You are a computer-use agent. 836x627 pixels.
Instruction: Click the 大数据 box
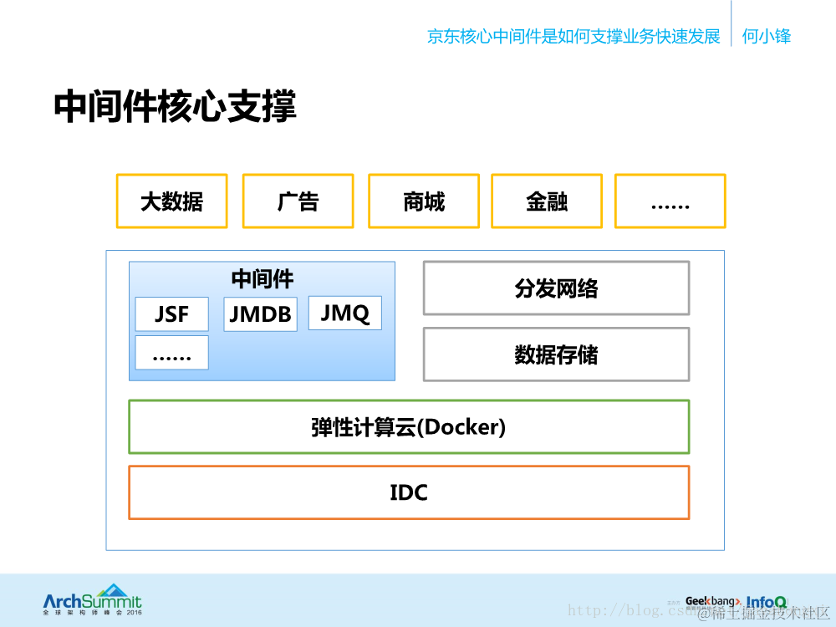pos(171,201)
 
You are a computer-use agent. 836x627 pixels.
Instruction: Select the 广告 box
pos(298,201)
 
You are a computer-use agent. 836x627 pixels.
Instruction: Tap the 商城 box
pos(424,201)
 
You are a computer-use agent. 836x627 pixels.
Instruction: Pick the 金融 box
pos(547,201)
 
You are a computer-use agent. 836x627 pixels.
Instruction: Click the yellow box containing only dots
pos(670,201)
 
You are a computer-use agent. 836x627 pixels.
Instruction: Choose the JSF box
pos(171,314)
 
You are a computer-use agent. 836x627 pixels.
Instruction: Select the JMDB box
pos(260,314)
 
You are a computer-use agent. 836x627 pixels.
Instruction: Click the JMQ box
pos(344,313)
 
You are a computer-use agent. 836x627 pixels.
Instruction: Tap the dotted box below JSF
pos(171,353)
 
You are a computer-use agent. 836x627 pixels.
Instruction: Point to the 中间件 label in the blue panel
pos(262,278)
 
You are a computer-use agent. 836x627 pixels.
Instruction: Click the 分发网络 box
pos(556,288)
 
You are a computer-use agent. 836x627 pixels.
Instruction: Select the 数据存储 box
pos(556,354)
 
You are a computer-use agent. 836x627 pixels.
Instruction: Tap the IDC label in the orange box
pos(409,492)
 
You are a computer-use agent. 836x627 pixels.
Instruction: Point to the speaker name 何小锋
pos(766,36)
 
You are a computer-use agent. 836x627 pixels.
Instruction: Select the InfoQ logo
pos(766,601)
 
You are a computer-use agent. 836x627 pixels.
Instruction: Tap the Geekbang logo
pos(711,601)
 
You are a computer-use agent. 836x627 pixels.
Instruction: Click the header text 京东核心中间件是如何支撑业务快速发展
pos(573,36)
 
